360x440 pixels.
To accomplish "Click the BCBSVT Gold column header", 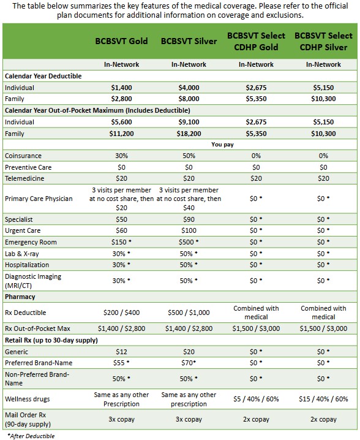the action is click(x=121, y=41).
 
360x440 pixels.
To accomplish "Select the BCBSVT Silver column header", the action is click(x=189, y=41).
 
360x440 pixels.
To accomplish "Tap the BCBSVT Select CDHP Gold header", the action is click(x=256, y=41).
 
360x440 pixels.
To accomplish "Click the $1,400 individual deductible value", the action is click(x=121, y=88).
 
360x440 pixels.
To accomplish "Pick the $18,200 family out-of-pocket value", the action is click(x=189, y=134).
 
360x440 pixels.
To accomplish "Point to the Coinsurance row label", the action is click(x=23, y=156).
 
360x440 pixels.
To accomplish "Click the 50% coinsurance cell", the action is click(x=189, y=156).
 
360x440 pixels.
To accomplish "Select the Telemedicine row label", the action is click(x=24, y=178).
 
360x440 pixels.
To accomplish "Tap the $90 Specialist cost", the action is click(x=189, y=219).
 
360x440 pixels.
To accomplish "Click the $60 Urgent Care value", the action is click(x=121, y=230).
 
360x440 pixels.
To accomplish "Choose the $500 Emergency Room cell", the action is click(x=189, y=242).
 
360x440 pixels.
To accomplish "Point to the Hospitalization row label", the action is click(x=27, y=265).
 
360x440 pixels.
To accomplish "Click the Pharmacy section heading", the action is click(x=20, y=297).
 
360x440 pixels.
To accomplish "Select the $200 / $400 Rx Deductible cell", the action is click(x=121, y=313).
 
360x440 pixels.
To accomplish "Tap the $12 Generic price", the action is click(x=121, y=352).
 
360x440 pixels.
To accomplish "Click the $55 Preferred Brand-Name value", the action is click(x=121, y=363).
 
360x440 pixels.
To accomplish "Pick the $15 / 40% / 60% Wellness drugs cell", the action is click(x=323, y=399).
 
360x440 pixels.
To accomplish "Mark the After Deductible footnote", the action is click(x=31, y=436).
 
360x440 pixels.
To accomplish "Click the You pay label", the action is click(x=222, y=145).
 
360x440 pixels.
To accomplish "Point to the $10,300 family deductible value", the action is click(x=323, y=99).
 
